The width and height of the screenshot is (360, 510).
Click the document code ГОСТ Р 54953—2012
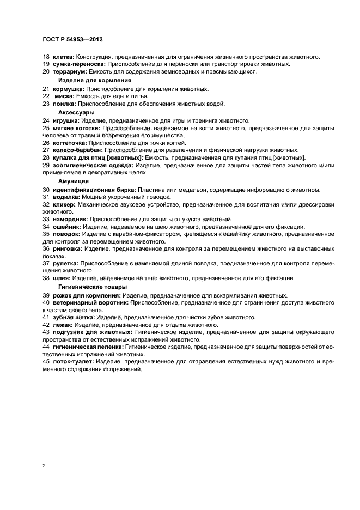point(72,40)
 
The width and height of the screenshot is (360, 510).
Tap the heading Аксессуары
point(76,112)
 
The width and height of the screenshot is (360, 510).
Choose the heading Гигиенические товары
point(93,287)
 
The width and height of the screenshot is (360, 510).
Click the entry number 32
point(46,205)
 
